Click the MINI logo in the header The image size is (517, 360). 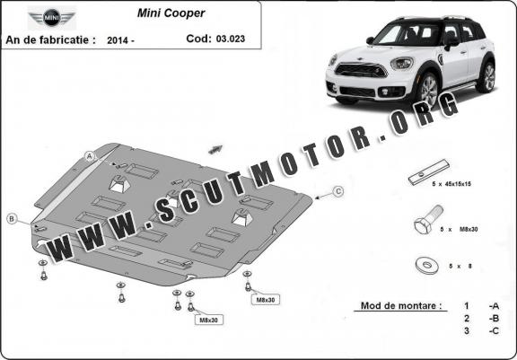tap(52, 17)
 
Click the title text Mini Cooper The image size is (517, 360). tap(171, 13)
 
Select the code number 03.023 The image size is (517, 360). tap(231, 39)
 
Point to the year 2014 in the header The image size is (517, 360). tap(118, 40)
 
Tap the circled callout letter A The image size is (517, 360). tap(90, 156)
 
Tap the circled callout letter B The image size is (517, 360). tap(12, 218)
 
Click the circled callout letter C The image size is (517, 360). tap(338, 191)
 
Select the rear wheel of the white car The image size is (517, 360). tap(487, 77)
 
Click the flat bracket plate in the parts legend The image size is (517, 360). tap(429, 172)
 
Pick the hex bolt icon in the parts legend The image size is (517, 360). tap(428, 219)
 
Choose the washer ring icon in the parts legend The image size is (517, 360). tap(427, 265)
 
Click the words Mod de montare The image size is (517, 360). tap(401, 305)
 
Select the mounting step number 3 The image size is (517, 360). tap(466, 330)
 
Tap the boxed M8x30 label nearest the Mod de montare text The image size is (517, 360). tap(265, 300)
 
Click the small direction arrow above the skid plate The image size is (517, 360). tap(215, 149)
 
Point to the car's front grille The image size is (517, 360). tap(361, 70)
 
